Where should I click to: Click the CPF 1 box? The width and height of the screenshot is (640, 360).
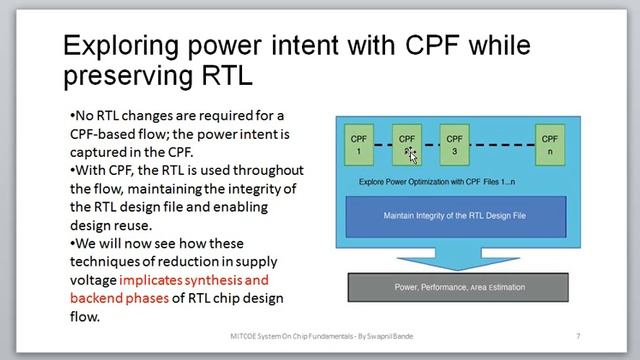point(358,145)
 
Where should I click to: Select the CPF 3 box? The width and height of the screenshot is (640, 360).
point(454,145)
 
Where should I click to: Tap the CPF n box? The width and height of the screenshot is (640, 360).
point(549,145)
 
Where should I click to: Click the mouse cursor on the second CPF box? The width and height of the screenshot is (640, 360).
point(411,153)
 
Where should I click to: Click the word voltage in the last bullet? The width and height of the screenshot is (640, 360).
point(93,280)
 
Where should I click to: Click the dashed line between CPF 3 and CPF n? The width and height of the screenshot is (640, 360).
point(502,146)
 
